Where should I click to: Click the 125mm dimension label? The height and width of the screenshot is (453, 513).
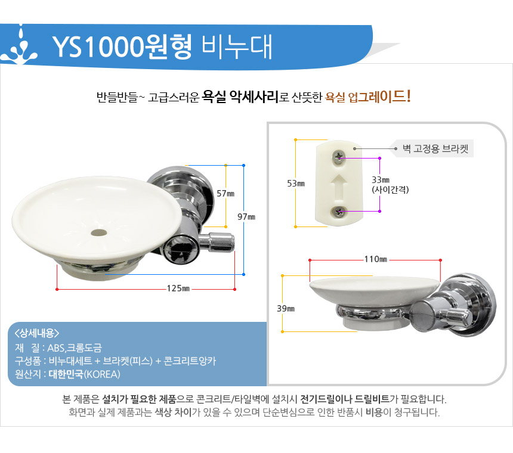point(178,288)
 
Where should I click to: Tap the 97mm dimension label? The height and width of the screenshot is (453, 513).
point(246,217)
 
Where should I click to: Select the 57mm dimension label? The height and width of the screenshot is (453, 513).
point(225,194)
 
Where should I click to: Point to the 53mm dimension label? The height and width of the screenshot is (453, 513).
point(296,184)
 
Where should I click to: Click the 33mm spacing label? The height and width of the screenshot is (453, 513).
point(390,185)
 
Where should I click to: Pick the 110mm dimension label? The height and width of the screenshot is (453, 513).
point(376,259)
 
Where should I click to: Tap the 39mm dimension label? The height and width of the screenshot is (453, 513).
point(286,309)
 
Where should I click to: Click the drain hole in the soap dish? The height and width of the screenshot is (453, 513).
point(99,232)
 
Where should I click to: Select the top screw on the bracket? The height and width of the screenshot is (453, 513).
point(339,157)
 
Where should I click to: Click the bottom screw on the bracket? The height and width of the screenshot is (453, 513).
point(339,212)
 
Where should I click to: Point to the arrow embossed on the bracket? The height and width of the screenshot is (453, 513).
point(339,188)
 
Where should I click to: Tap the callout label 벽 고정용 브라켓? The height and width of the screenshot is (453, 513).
point(435,148)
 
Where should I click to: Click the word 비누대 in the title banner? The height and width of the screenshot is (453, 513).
point(237,46)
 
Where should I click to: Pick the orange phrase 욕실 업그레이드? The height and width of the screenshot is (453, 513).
point(368,97)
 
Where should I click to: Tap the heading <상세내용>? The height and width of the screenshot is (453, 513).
point(36,333)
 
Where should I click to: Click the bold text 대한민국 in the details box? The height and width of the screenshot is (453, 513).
point(66,374)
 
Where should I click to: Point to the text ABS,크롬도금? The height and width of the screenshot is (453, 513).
point(75,347)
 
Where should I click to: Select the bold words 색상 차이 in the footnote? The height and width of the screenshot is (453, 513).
point(173,412)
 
